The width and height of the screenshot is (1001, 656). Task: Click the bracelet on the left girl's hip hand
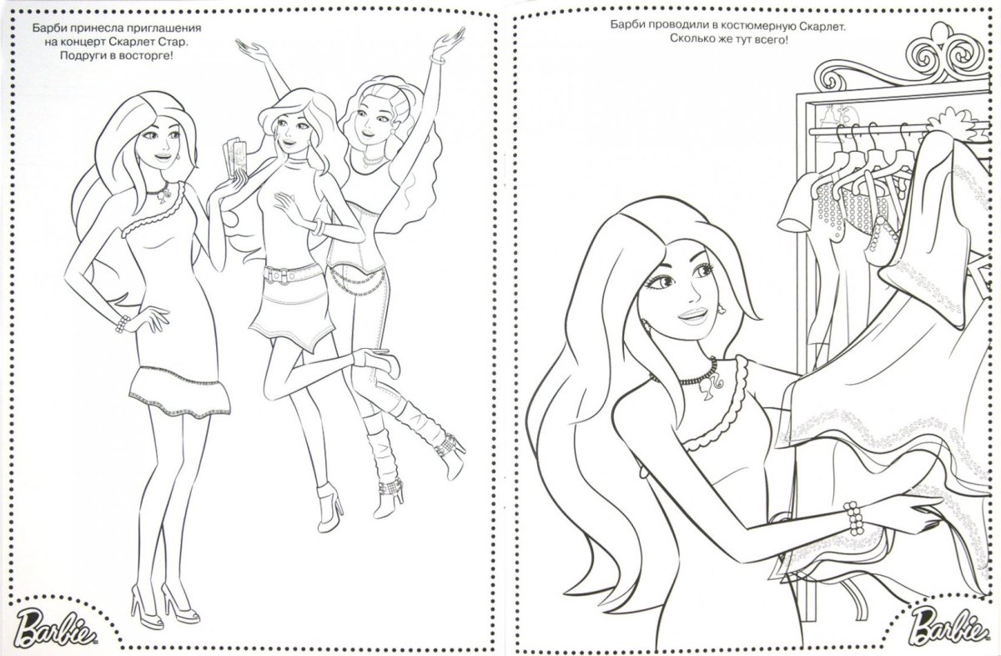122,325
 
